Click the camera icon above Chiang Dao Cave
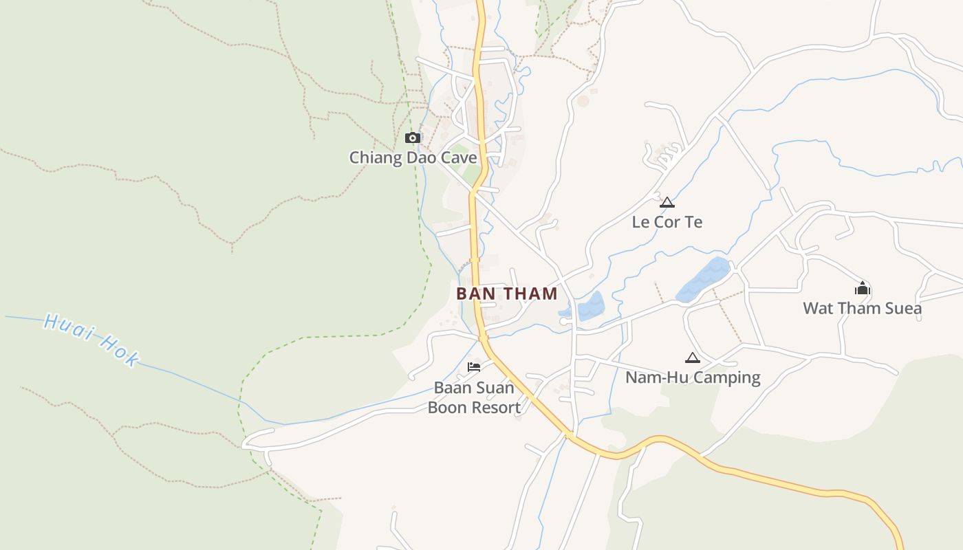coord(413,137)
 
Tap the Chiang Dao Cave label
coord(413,157)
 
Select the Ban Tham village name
coord(507,294)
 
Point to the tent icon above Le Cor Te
coord(667,202)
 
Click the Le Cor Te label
coord(667,222)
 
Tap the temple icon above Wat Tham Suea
coord(863,288)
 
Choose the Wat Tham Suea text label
coord(862,308)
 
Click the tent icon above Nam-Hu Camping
coord(692,357)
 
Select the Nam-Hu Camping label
coord(693,377)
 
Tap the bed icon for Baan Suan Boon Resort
coord(474,367)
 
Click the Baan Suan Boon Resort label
coord(474,397)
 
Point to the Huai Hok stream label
coord(91,340)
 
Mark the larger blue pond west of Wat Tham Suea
coord(703,280)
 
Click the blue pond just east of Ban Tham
coord(590,307)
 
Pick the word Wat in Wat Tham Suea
coord(817,308)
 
